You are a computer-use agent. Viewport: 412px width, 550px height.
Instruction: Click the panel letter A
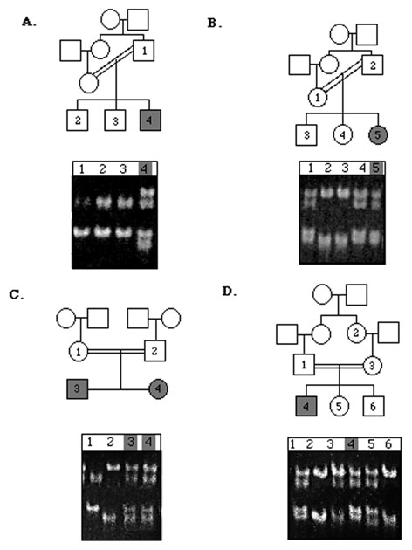click(x=28, y=22)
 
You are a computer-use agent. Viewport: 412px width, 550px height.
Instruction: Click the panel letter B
click(x=214, y=24)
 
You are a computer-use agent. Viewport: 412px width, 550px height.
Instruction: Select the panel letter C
click(x=16, y=295)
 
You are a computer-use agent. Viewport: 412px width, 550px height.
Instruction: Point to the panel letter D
click(x=229, y=292)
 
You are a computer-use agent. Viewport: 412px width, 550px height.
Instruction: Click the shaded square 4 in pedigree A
click(x=150, y=120)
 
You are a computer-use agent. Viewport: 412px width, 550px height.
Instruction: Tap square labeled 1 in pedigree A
click(x=144, y=51)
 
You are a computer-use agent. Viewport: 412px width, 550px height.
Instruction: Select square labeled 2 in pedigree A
click(x=78, y=120)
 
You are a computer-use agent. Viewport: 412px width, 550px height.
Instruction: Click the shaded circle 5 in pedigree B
click(x=378, y=135)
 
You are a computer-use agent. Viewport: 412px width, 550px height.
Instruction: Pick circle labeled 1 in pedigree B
click(x=318, y=97)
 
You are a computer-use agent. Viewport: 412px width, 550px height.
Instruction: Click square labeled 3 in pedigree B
click(x=306, y=135)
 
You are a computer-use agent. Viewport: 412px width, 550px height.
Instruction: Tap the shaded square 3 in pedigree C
click(x=77, y=388)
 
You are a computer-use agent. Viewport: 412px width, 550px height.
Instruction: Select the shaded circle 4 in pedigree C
click(x=159, y=389)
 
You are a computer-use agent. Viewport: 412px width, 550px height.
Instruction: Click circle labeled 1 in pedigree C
click(x=79, y=352)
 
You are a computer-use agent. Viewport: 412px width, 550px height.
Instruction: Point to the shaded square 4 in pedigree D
click(x=306, y=406)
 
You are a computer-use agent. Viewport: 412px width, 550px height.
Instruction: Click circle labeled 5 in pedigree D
click(x=339, y=406)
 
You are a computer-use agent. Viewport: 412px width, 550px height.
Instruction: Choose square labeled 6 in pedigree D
click(x=374, y=406)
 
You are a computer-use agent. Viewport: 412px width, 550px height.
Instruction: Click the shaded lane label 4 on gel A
click(x=145, y=169)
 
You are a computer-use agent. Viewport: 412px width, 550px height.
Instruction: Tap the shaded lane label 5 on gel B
click(x=376, y=168)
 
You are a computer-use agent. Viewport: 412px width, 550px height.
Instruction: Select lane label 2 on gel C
click(x=110, y=442)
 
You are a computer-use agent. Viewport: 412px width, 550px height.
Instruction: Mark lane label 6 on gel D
click(x=388, y=444)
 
